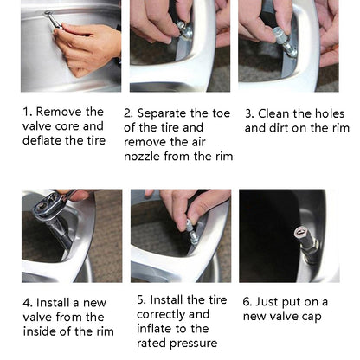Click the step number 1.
(26, 112)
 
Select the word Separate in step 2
(162, 113)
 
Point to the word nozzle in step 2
(142, 157)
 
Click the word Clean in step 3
(273, 113)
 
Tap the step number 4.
(28, 303)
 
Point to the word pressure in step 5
(193, 344)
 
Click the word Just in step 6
(267, 302)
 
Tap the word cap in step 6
(312, 317)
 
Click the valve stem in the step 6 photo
(306, 241)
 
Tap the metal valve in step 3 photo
(285, 42)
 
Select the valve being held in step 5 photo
(191, 233)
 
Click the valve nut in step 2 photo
(185, 31)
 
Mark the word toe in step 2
(221, 113)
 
